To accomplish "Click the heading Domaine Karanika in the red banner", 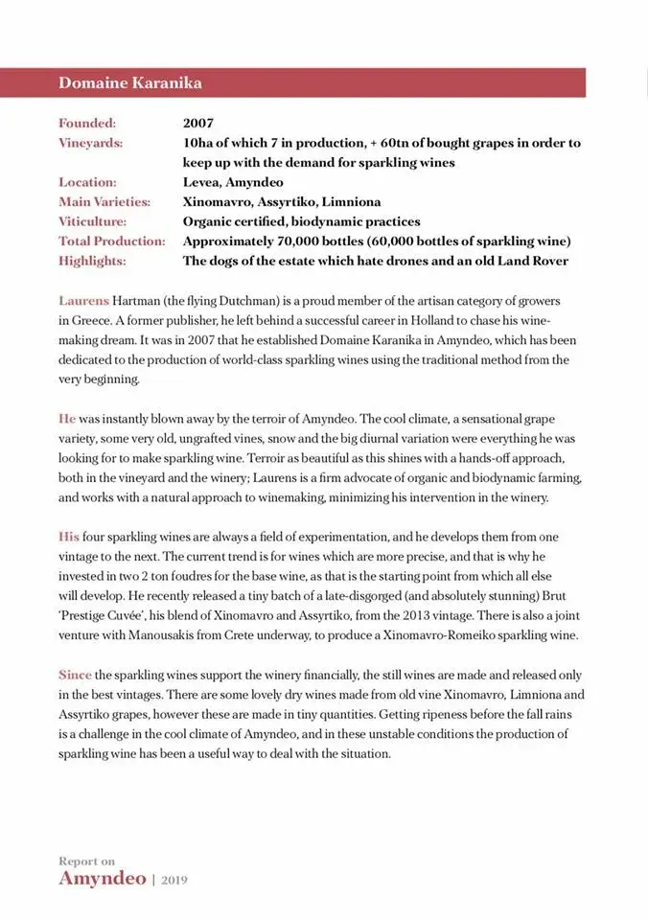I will (x=130, y=82).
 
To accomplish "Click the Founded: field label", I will (x=87, y=124).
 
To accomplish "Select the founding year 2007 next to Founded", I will (x=198, y=124).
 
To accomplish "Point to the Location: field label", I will (x=87, y=182).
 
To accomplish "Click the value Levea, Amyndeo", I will (x=233, y=182).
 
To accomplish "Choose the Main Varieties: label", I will (x=104, y=202).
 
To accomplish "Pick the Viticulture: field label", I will (x=93, y=221).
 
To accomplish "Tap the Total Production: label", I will (x=112, y=241).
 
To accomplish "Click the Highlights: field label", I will (x=92, y=261).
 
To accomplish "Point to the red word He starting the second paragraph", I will (x=67, y=419).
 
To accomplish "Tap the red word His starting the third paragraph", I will (x=69, y=537).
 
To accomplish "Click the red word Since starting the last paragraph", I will (x=75, y=675).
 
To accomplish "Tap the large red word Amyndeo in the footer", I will (x=102, y=878).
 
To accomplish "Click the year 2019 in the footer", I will (x=175, y=879).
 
